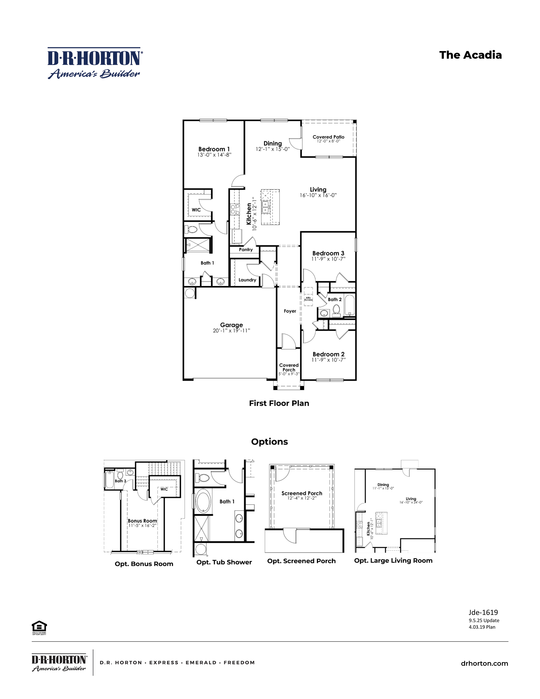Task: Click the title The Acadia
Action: coord(470,55)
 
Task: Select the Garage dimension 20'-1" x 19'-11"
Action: coord(231,331)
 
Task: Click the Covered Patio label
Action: coord(328,137)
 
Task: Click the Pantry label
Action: coord(246,250)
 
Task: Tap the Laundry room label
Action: coord(247,280)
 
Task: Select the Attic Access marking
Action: coord(308,299)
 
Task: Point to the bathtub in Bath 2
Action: coord(349,305)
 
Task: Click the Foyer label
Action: coord(290,311)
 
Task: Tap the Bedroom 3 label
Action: coord(328,253)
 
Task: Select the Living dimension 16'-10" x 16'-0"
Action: coord(318,195)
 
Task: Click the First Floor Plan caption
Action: coord(279,403)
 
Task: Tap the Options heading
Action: coord(269,442)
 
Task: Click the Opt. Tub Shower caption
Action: coord(224,562)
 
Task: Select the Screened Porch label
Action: coord(302,493)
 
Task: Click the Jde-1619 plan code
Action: coord(483,612)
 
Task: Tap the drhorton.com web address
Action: coord(484,663)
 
